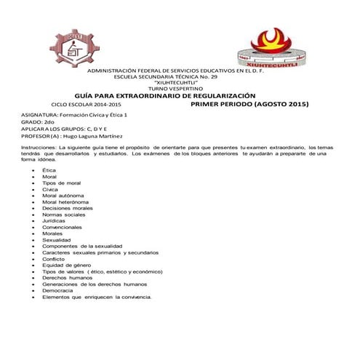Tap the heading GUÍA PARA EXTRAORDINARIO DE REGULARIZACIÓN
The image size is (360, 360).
click(x=165, y=95)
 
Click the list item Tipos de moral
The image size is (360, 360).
click(x=61, y=183)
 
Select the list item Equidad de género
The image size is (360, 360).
click(x=65, y=265)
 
